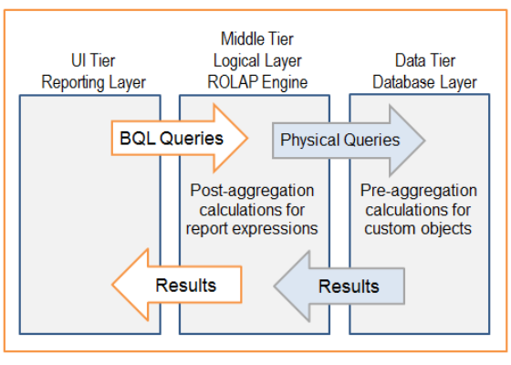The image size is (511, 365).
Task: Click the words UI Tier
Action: pyautogui.click(x=93, y=62)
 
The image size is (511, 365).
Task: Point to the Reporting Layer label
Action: pyautogui.click(x=93, y=83)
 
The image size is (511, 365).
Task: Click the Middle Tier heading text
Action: pyautogui.click(x=255, y=39)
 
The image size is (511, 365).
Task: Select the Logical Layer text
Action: pyautogui.click(x=255, y=61)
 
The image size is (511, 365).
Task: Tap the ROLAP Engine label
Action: pyautogui.click(x=255, y=83)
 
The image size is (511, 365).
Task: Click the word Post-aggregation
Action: pyautogui.click(x=252, y=191)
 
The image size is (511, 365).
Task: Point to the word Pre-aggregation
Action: pyautogui.click(x=420, y=191)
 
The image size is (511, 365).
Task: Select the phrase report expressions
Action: pyautogui.click(x=252, y=228)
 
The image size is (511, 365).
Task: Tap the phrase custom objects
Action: pyautogui.click(x=420, y=228)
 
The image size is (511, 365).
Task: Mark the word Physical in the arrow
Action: pyautogui.click(x=310, y=141)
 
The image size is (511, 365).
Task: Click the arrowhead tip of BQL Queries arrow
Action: pyautogui.click(x=247, y=139)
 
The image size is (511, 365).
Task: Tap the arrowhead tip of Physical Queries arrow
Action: pyautogui.click(x=423, y=141)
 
